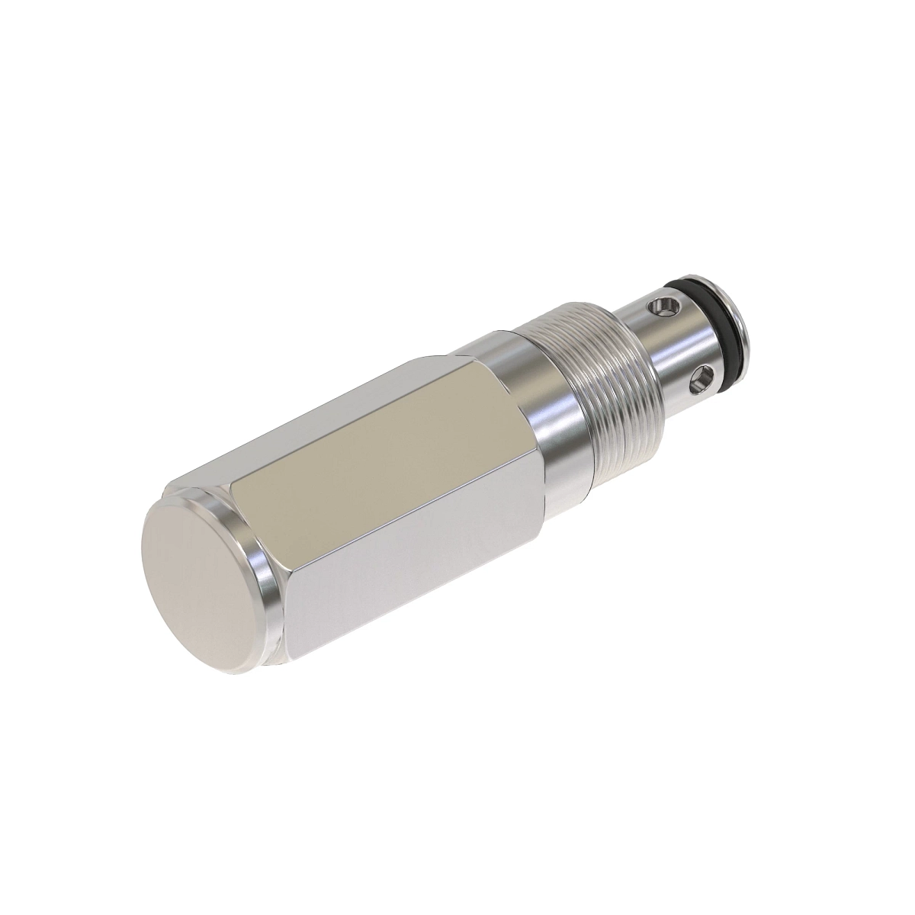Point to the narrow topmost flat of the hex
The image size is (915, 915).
(x=320, y=412)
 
